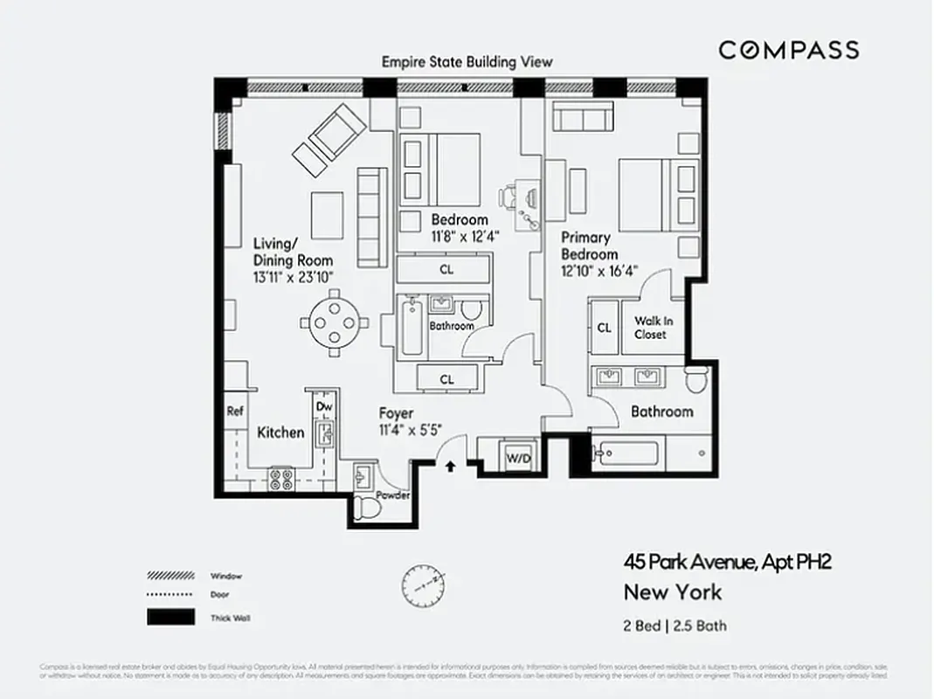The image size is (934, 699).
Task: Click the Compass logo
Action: (x=788, y=50)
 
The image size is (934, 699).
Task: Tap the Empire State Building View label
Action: (x=467, y=62)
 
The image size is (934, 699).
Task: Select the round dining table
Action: (x=336, y=323)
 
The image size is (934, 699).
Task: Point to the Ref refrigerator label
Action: (x=234, y=412)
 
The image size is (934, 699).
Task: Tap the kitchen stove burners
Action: (x=281, y=479)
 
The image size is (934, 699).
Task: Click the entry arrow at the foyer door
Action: (x=451, y=467)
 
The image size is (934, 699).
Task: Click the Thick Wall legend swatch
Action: (x=170, y=618)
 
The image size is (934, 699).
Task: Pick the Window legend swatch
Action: (x=170, y=576)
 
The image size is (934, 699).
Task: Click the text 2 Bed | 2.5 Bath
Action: (x=675, y=626)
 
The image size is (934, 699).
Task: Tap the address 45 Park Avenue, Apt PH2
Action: (x=726, y=561)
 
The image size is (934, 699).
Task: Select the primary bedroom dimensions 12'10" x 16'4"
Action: (x=599, y=271)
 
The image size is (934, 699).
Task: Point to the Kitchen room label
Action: (x=280, y=433)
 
